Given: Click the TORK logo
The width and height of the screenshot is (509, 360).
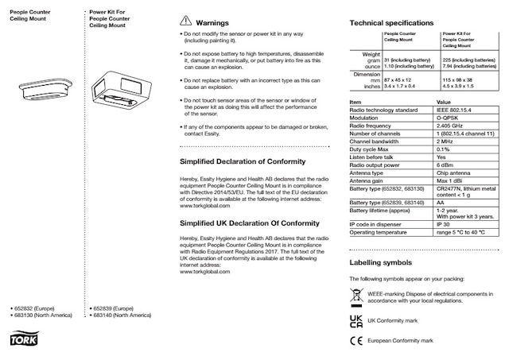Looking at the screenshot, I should (17, 341).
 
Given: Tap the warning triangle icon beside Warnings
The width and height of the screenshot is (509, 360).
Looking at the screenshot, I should (185, 22).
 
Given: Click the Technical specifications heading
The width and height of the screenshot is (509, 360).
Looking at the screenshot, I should (391, 23).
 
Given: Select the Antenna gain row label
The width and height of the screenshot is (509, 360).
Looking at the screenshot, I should (370, 181).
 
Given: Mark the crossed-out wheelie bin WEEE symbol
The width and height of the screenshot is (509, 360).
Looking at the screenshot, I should (356, 298).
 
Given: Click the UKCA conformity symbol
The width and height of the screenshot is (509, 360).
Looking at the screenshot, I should (356, 320).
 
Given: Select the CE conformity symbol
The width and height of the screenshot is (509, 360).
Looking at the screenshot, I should (356, 341).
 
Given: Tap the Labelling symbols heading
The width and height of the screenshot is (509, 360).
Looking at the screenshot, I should (380, 262).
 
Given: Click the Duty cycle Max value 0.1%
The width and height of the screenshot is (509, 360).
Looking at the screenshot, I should (443, 149).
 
